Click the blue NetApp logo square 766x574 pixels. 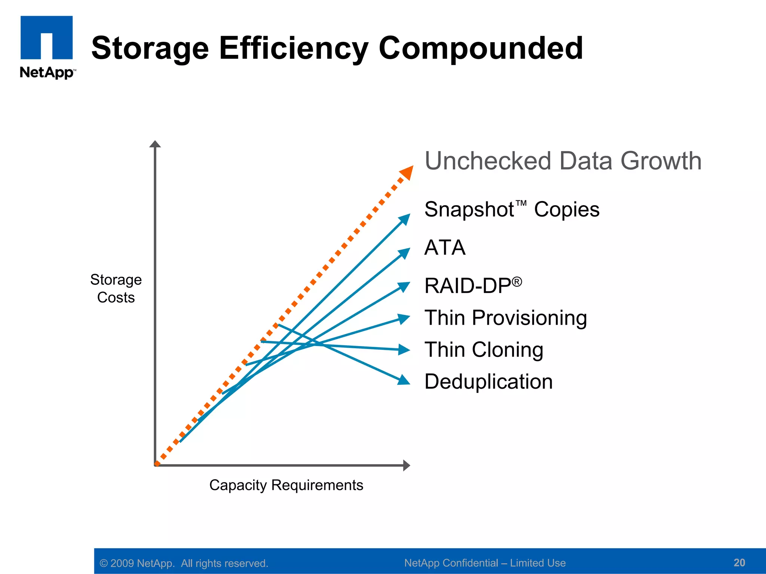tap(46, 37)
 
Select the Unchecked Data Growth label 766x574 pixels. tap(563, 161)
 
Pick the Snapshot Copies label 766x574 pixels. tap(512, 209)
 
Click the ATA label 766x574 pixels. tap(445, 247)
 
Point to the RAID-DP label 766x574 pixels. tap(473, 286)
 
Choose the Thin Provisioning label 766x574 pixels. tap(506, 318)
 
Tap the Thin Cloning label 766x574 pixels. tap(484, 350)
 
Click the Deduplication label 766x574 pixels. tap(488, 382)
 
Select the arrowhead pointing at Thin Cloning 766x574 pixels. tap(404, 350)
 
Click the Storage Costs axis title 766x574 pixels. tap(116, 288)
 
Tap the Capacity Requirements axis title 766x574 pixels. tap(286, 485)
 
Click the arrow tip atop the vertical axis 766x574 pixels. tap(155, 144)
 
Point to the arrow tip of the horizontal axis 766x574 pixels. tap(407, 465)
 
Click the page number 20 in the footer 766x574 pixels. tap(739, 562)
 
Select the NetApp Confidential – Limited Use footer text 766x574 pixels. tap(485, 563)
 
